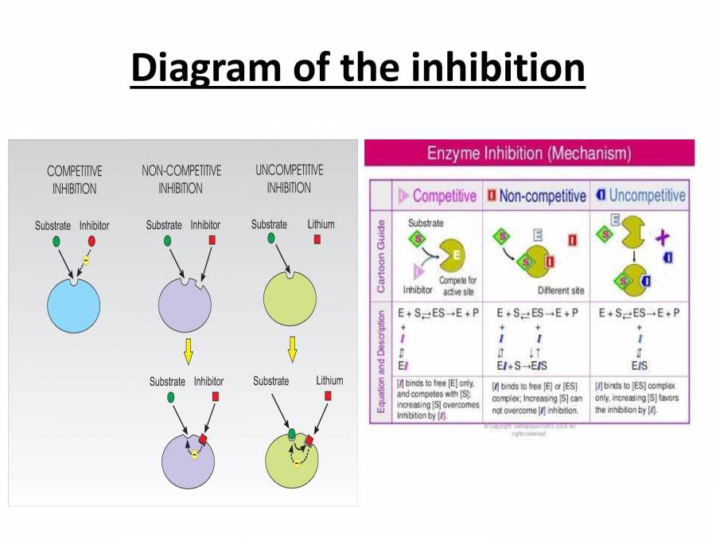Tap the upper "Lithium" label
tap(321, 224)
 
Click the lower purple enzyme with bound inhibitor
tap(188, 461)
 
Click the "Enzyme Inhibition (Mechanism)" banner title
tap(529, 152)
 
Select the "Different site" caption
tap(560, 290)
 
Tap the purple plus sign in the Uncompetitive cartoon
tap(662, 237)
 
